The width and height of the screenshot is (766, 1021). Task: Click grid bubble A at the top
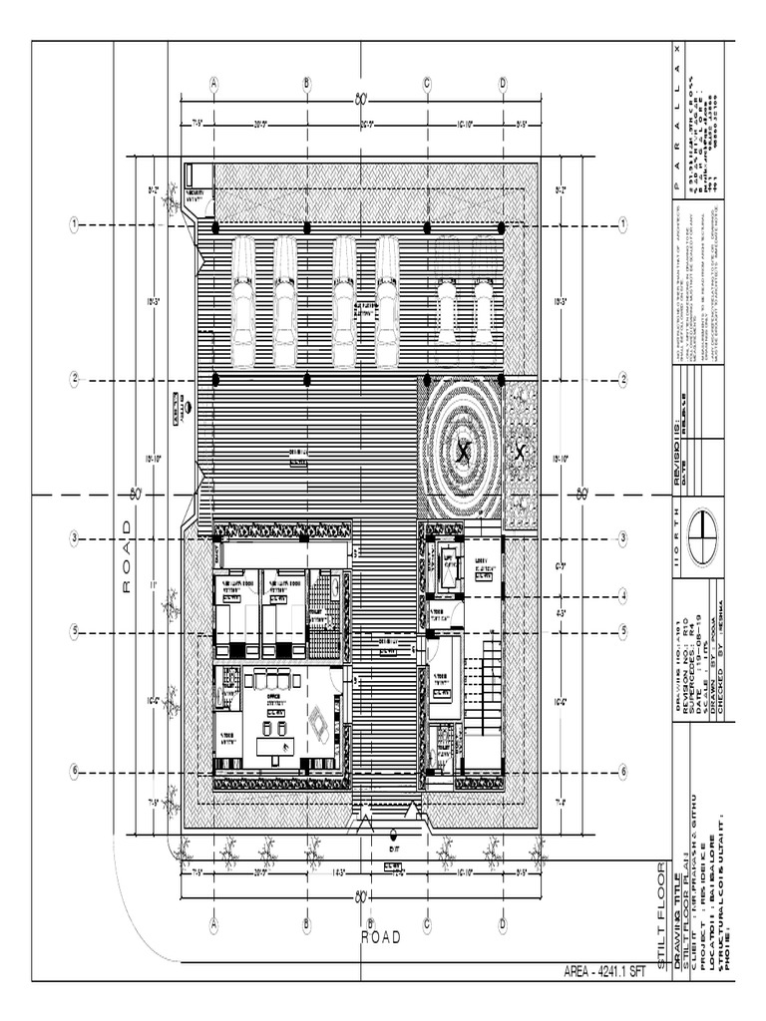pos(213,84)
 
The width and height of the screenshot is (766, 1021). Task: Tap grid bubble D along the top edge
pos(503,84)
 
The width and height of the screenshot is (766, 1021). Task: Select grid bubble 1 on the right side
pos(622,224)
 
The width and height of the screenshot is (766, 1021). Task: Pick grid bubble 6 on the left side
pos(74,771)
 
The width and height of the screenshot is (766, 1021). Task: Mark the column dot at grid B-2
pos(307,379)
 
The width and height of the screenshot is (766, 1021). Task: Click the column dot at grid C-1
pos(427,227)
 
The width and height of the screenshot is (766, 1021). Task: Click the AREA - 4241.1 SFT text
pos(606,970)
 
